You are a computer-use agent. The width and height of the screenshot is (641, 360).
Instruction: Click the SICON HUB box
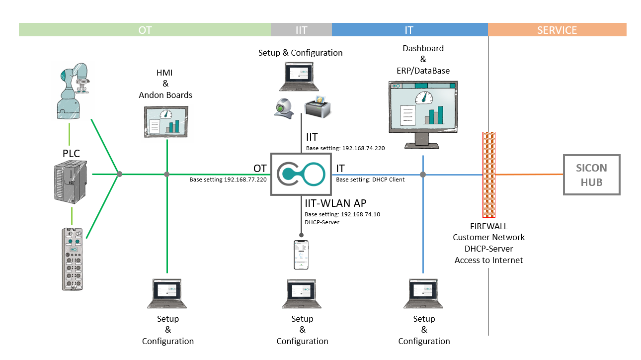click(x=591, y=175)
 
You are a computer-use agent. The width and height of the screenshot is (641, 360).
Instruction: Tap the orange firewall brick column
click(x=489, y=175)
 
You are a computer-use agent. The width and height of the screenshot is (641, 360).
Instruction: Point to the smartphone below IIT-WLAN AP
click(x=301, y=255)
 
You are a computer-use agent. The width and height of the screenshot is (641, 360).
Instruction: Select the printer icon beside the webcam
click(x=317, y=106)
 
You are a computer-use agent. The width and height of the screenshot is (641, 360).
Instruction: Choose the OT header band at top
click(x=145, y=30)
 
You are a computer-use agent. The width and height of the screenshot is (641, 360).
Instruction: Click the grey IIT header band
click(x=301, y=30)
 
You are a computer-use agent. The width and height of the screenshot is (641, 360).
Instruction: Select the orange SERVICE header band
click(x=557, y=30)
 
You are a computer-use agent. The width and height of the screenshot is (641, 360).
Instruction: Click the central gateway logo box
click(x=301, y=175)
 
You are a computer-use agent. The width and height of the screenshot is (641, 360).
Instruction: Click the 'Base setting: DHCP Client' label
click(x=370, y=180)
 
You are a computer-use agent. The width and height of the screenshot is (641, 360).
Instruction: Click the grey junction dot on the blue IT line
click(x=423, y=175)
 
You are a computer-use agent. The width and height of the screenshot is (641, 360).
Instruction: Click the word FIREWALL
click(x=488, y=227)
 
